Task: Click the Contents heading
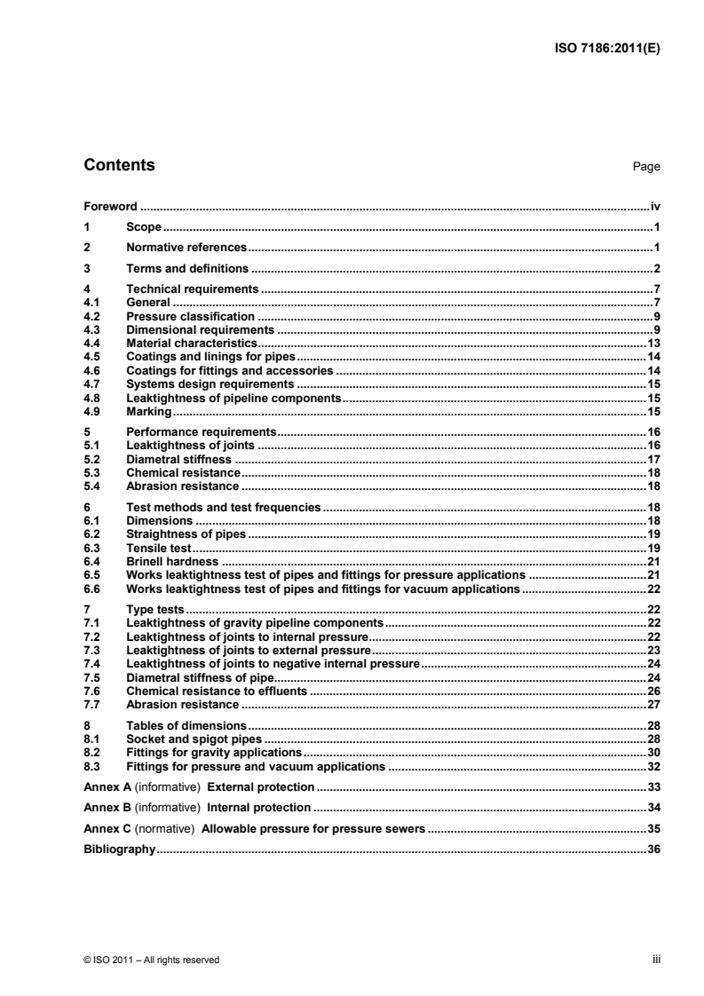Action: pos(118,165)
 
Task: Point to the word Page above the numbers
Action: pos(646,167)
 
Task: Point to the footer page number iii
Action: pos(656,959)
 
